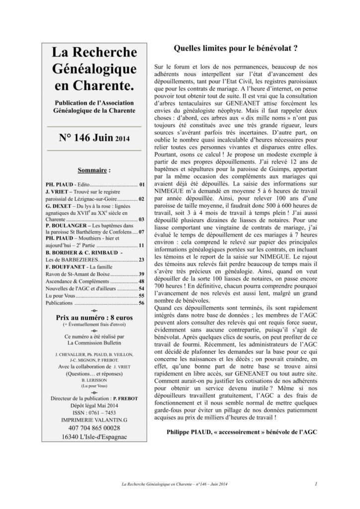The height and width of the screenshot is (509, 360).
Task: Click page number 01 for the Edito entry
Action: point(142,185)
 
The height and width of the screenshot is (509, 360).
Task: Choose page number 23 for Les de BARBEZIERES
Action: point(141,259)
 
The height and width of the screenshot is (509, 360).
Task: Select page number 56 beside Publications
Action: point(141,303)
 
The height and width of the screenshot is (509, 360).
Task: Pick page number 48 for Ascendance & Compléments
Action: point(141,281)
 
